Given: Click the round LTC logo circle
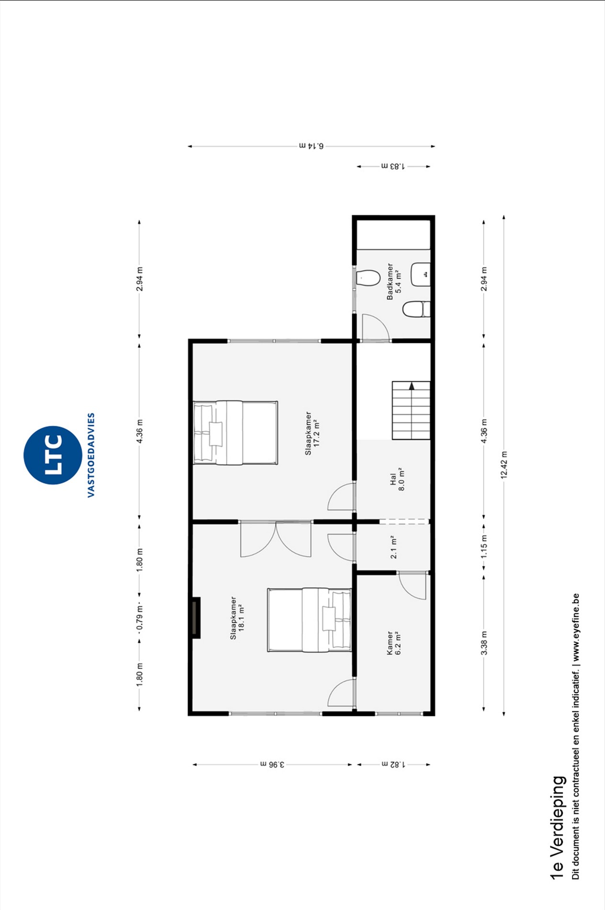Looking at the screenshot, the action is click(x=53, y=455).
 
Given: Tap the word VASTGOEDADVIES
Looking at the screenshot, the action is click(x=91, y=455).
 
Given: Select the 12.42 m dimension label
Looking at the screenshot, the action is click(x=504, y=465).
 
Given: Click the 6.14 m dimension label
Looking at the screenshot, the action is click(x=312, y=145).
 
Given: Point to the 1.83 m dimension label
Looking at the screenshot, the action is click(x=393, y=166).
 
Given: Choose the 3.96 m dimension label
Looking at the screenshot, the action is click(x=272, y=764).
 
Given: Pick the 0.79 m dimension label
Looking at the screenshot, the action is click(x=139, y=617).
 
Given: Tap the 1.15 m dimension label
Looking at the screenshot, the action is click(x=484, y=547).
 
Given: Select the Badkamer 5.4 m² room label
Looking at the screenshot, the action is click(x=394, y=281).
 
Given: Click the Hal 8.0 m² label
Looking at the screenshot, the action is click(x=397, y=479).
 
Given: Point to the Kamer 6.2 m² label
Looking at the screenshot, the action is click(x=394, y=643).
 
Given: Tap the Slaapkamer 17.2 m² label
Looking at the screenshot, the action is click(x=312, y=433).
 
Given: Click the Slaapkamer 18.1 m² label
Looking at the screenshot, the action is click(x=237, y=618).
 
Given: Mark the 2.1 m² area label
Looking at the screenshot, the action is click(x=393, y=547).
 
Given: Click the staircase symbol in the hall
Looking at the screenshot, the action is click(x=411, y=410).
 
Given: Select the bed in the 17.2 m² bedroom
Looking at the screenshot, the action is click(x=235, y=433).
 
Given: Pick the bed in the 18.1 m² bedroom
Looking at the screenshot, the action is click(x=309, y=620).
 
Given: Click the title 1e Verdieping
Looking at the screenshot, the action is click(x=557, y=827).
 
